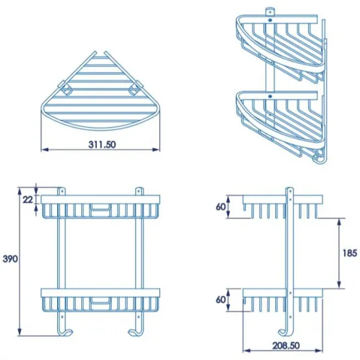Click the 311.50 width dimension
click(x=102, y=144)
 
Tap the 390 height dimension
click(x=10, y=259)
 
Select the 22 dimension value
click(x=28, y=199)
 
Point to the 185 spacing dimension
click(x=350, y=253)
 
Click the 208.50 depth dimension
click(x=286, y=345)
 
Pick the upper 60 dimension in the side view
click(x=221, y=207)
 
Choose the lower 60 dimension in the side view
click(x=221, y=300)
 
